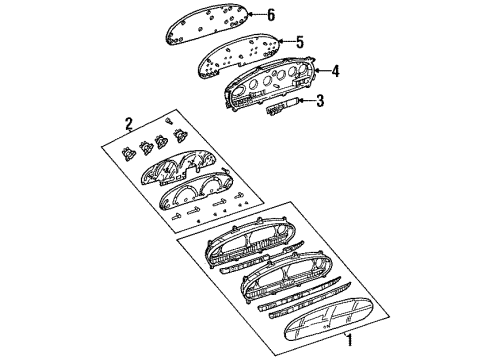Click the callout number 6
(x=268, y=14)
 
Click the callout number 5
(x=297, y=41)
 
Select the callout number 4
(x=336, y=70)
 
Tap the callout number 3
(x=320, y=100)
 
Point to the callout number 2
(x=128, y=124)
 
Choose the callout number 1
(x=348, y=341)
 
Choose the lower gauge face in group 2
(x=199, y=199)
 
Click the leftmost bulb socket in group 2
(x=128, y=155)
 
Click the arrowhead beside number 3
(x=303, y=101)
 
